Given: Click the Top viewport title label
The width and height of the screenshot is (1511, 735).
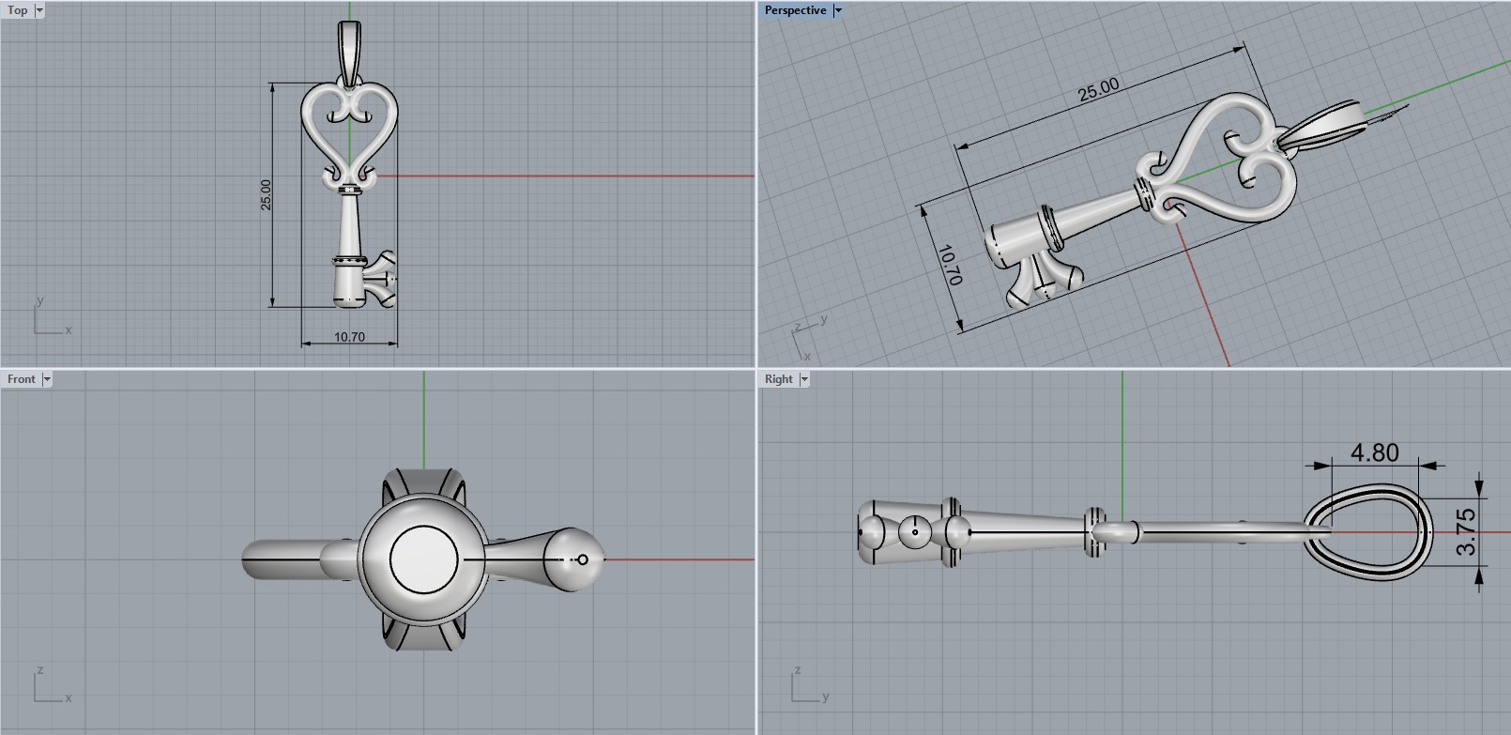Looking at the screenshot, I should pyautogui.click(x=17, y=10).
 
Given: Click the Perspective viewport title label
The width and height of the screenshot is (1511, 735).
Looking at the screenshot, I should pyautogui.click(x=794, y=10).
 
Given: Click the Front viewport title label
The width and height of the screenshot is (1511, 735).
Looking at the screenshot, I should pyautogui.click(x=21, y=379).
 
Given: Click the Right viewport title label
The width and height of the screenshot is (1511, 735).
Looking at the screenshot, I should pyautogui.click(x=778, y=379).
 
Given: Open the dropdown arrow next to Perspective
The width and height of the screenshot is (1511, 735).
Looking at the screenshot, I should pyautogui.click(x=838, y=10).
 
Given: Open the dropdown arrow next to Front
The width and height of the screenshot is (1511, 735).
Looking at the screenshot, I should pyautogui.click(x=47, y=379).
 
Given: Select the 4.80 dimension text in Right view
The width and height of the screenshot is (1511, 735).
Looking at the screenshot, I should pyautogui.click(x=1374, y=452).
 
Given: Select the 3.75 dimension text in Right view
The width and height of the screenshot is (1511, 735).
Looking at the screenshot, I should pyautogui.click(x=1466, y=532).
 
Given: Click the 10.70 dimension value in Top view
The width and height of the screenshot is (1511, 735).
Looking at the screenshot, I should pyautogui.click(x=349, y=337).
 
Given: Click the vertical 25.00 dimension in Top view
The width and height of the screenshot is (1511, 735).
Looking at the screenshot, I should pyautogui.click(x=266, y=194).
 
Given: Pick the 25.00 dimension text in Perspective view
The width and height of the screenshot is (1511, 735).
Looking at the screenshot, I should pyautogui.click(x=1098, y=89).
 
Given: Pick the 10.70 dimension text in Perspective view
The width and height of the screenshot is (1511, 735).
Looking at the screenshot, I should pyautogui.click(x=949, y=266).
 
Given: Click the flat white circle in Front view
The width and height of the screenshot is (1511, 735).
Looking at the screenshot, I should pyautogui.click(x=423, y=560).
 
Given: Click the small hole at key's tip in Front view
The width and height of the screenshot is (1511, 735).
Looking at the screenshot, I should pyautogui.click(x=583, y=559).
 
